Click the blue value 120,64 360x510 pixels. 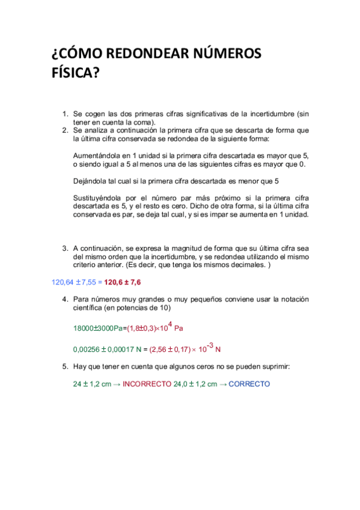pyautogui.click(x=62, y=281)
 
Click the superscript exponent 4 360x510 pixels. pyautogui.click(x=169, y=324)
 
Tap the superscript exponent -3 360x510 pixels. pyautogui.click(x=209, y=344)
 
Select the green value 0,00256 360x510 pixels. pyautogui.click(x=86, y=349)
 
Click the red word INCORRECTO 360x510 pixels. pyautogui.click(x=147, y=384)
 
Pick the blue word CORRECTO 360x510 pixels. pyautogui.click(x=249, y=384)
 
